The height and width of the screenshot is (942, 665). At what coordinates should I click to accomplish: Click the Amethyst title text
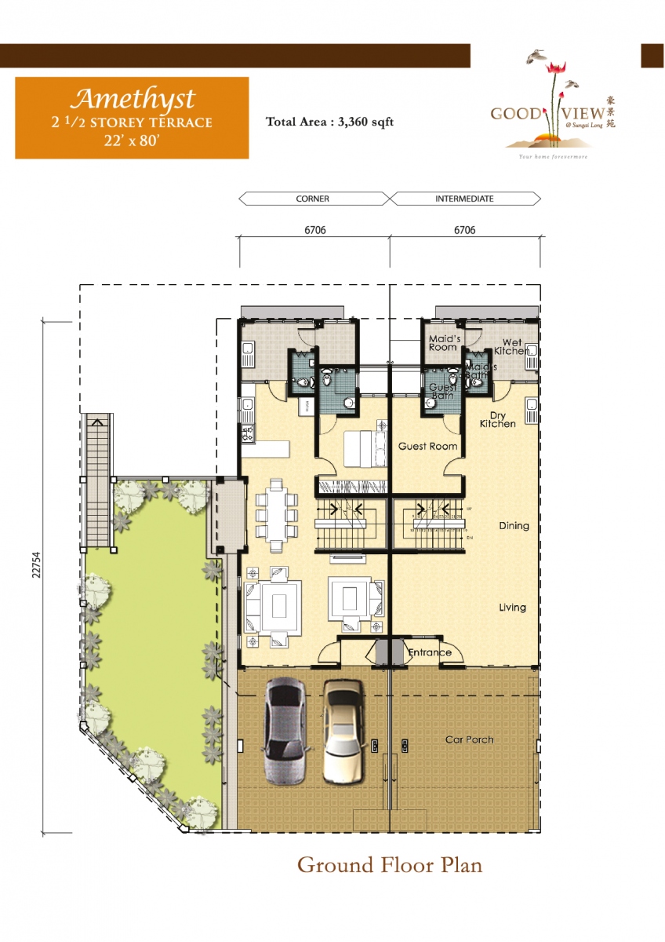click(x=132, y=99)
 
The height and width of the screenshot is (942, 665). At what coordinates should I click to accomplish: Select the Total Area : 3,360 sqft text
click(x=329, y=122)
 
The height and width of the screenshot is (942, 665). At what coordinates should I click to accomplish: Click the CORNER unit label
click(x=312, y=199)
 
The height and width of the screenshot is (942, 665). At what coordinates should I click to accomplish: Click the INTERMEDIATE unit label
click(x=464, y=199)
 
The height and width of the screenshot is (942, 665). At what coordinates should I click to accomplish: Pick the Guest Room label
click(x=427, y=446)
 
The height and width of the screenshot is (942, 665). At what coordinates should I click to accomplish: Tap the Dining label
click(x=514, y=526)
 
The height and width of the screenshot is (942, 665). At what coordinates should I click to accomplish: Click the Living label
click(x=513, y=608)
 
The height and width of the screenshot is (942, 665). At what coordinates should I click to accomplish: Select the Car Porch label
click(x=469, y=739)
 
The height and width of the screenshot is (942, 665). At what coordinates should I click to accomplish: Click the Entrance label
click(x=430, y=652)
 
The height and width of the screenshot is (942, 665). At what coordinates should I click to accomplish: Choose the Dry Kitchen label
click(x=498, y=419)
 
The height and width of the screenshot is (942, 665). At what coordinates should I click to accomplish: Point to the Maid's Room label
click(x=442, y=342)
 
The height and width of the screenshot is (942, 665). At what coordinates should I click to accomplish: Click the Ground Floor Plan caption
click(x=389, y=865)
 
